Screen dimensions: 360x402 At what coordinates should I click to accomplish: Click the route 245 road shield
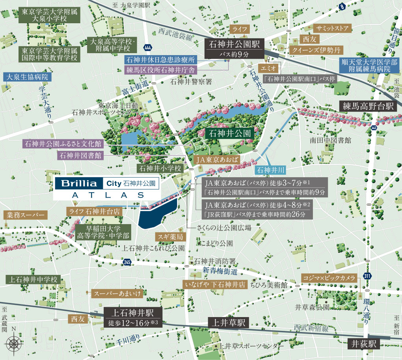click(127, 262)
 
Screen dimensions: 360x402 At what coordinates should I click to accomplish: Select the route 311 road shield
click(367, 275)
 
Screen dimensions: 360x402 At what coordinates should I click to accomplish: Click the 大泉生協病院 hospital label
click(27, 77)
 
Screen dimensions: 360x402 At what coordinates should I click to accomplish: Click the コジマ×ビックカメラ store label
click(329, 277)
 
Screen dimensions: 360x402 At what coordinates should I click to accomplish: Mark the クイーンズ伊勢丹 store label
click(316, 50)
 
